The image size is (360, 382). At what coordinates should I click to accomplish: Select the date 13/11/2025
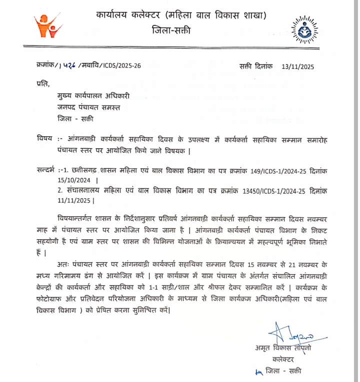[x=298, y=66]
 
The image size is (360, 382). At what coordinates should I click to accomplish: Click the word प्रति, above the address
[x=43, y=82]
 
